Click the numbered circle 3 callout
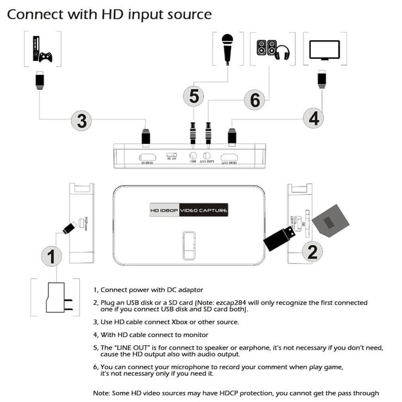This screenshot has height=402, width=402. pyautogui.click(x=82, y=121)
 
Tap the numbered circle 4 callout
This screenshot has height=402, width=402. pyautogui.click(x=312, y=118)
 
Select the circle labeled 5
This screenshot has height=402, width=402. pyautogui.click(x=193, y=96)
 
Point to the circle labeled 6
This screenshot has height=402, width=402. pyautogui.click(x=255, y=100)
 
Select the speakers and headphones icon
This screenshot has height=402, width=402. pyautogui.click(x=273, y=49)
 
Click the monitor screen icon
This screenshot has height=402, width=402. pyautogui.click(x=325, y=50)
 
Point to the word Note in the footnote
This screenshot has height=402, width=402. pyautogui.click(x=102, y=393)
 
